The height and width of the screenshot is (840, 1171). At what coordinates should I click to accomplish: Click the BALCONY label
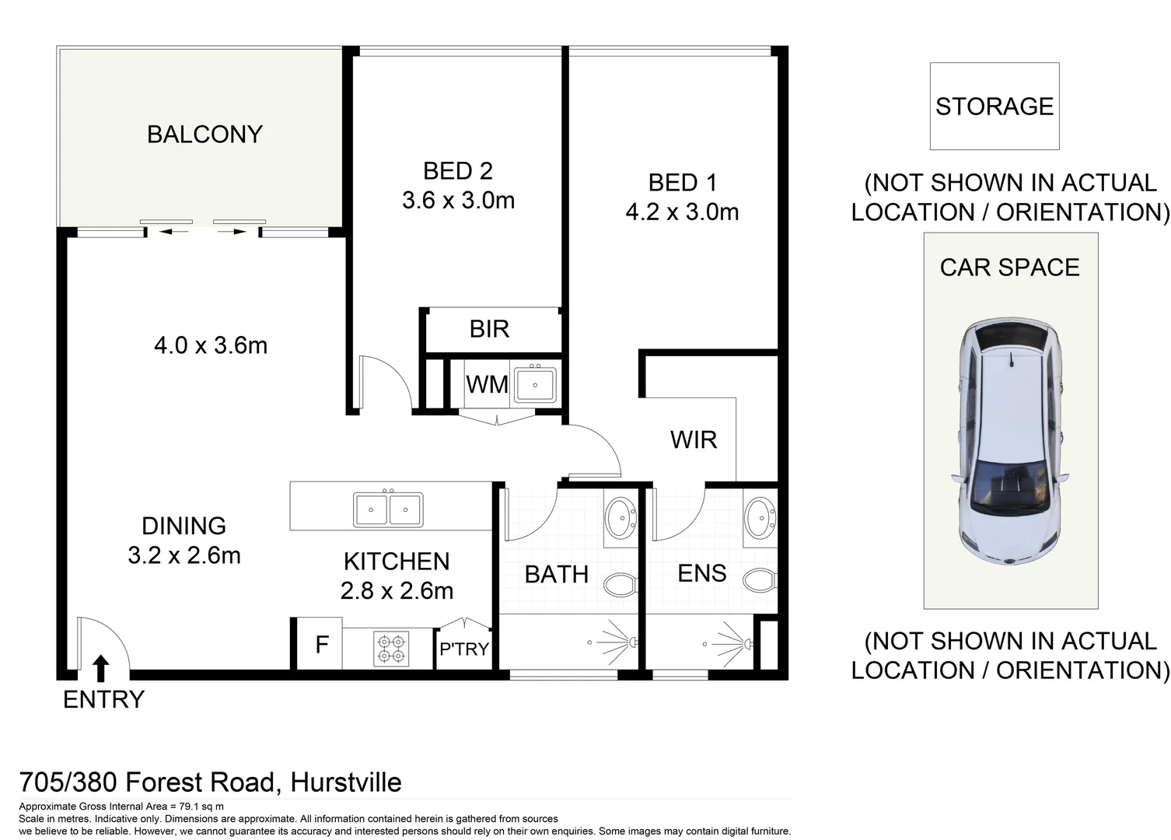204,135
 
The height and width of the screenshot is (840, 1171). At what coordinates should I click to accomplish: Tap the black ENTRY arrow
101,668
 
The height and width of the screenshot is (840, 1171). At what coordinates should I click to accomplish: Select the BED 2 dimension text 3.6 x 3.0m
458,201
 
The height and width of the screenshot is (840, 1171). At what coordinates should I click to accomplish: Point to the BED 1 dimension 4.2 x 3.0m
682,212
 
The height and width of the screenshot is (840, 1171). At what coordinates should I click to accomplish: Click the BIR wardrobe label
489,329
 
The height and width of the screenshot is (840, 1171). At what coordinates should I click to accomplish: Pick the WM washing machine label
487,384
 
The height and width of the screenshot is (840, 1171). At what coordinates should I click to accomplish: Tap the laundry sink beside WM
535,384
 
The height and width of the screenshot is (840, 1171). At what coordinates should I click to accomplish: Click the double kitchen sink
388,509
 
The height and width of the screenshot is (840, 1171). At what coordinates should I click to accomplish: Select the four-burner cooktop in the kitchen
391,649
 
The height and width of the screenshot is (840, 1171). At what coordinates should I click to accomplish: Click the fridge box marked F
320,643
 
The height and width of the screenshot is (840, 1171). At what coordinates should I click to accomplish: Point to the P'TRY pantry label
464,649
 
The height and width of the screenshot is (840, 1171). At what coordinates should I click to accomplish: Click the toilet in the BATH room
620,584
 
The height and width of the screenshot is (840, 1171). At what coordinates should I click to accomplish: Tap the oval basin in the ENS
760,518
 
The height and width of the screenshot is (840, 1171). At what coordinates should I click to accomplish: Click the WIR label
693,440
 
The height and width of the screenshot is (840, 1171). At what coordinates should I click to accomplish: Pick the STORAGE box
994,107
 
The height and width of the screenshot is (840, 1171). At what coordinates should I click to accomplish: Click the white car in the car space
1010,441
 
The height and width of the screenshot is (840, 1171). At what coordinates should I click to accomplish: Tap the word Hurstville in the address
345,782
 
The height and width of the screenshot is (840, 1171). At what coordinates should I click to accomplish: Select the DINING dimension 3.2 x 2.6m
184,555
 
